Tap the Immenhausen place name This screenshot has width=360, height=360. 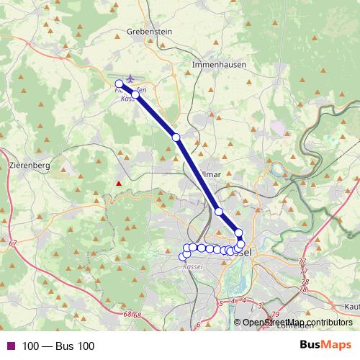[x=219, y=64]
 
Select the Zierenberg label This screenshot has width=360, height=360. [x=30, y=165]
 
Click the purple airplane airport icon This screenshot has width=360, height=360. [x=130, y=78]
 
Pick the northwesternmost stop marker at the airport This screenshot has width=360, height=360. [x=120, y=84]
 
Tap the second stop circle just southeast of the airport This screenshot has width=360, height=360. [x=135, y=94]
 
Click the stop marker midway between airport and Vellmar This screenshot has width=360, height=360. [x=176, y=137]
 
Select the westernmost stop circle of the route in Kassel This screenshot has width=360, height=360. [x=182, y=257]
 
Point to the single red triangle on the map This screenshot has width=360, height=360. [x=120, y=184]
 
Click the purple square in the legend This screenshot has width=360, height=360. [x=10, y=346]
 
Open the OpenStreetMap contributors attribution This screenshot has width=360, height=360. [x=297, y=323]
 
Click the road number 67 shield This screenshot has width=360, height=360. [x=13, y=245]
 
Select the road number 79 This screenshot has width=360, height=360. [x=276, y=315]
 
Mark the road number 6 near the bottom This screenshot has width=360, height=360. [x=198, y=325]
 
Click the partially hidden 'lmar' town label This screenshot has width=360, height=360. [x=211, y=174]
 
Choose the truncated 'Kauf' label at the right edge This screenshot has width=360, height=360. [x=352, y=307]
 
